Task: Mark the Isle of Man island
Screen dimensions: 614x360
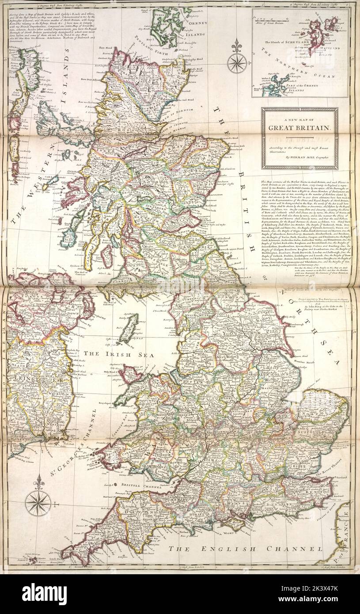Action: tap(129, 329)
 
